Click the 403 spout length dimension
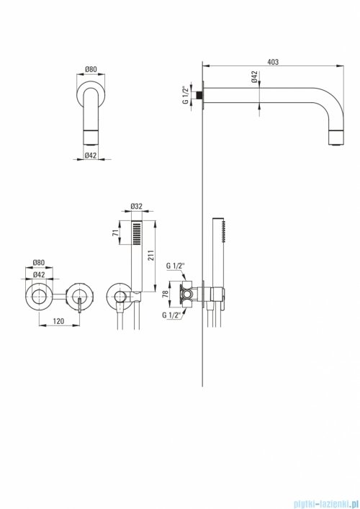(273, 62)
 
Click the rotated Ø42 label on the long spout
(255, 76)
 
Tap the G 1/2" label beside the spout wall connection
(186, 95)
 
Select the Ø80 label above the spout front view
(91, 69)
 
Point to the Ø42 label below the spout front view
(91, 156)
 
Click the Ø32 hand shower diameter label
(137, 206)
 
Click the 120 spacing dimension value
(58, 321)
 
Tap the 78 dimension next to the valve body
(165, 294)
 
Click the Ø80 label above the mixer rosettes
(38, 263)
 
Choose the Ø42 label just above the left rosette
(39, 274)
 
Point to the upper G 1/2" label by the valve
(175, 266)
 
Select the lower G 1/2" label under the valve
(171, 315)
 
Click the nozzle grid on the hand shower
(137, 233)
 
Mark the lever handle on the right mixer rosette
(79, 305)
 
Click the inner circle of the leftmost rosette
(39, 295)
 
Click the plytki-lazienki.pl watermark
(325, 504)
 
